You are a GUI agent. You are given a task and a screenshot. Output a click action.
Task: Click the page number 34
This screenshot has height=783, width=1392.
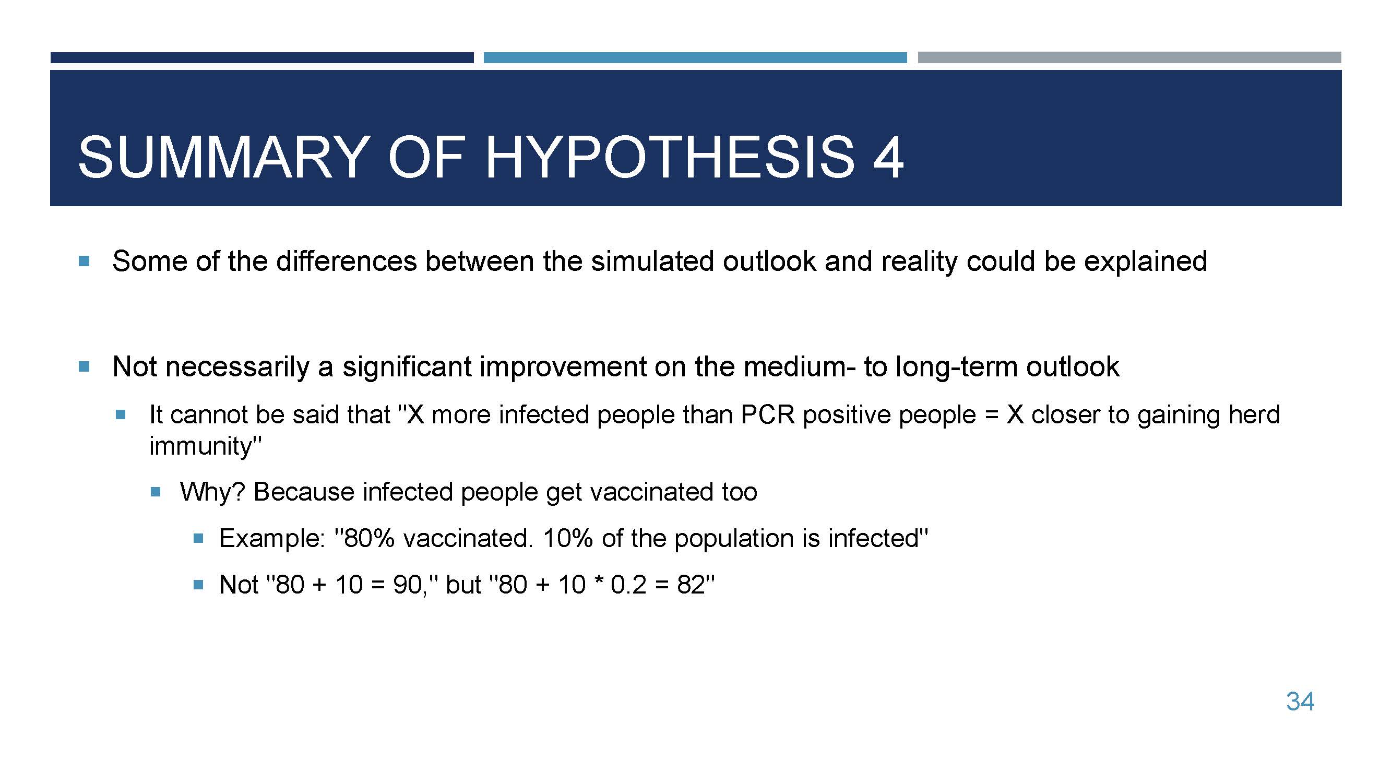tap(1300, 702)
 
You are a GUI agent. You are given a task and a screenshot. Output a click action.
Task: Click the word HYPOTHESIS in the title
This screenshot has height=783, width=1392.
tap(670, 157)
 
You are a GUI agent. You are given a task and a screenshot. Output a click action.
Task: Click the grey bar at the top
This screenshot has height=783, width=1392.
tap(1129, 57)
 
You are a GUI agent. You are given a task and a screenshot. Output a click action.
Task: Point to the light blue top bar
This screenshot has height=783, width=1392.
tap(695, 57)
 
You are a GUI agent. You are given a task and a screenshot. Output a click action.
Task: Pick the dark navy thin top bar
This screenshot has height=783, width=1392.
tap(262, 57)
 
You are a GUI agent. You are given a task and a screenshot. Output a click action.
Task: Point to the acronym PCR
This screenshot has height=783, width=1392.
tap(767, 415)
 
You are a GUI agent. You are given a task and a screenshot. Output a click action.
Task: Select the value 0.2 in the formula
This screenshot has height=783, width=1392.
tap(628, 585)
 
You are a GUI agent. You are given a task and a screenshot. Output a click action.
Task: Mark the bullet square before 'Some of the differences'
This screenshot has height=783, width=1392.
tap(84, 262)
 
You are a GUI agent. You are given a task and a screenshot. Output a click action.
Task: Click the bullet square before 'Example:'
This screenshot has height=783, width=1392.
tap(198, 538)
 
